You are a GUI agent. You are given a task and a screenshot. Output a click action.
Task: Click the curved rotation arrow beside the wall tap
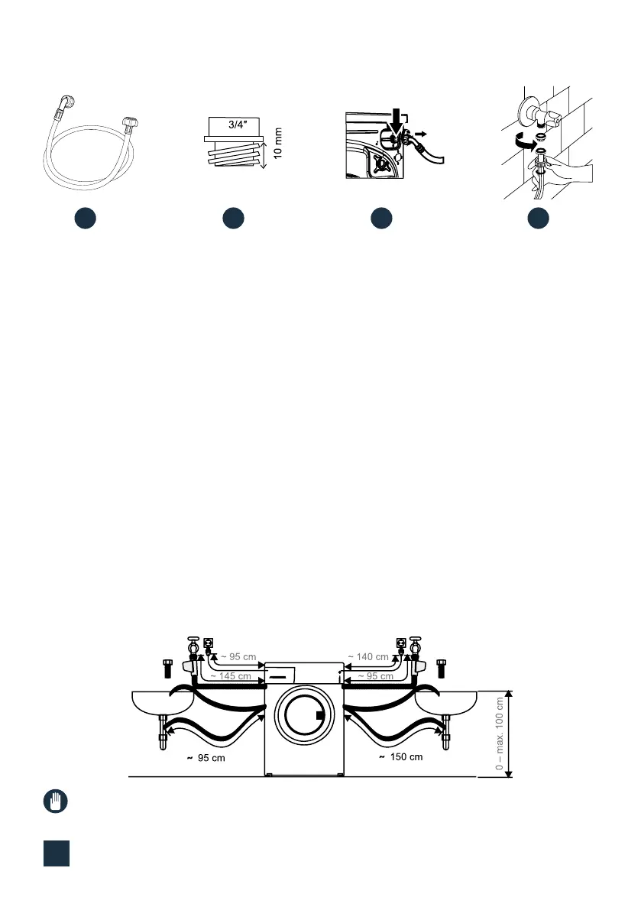coord(522,141)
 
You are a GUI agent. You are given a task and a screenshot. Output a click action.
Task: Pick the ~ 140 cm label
coord(368,656)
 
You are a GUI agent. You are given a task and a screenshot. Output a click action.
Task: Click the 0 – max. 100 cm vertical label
coord(500,734)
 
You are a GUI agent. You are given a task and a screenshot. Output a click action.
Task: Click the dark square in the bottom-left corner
coord(55,853)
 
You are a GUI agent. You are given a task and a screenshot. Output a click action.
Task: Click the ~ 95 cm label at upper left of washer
coord(237,656)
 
